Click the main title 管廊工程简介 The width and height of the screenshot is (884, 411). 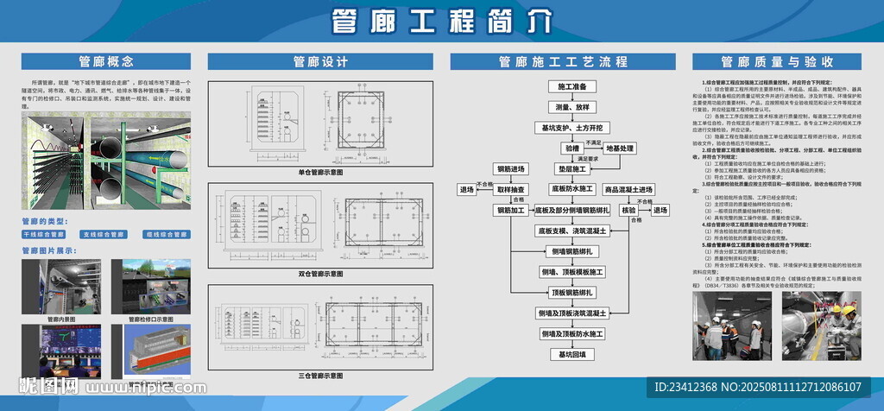[441, 21]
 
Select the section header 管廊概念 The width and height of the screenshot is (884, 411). [105, 61]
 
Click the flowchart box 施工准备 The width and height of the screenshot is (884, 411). [571, 86]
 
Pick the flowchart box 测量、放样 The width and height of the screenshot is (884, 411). [571, 106]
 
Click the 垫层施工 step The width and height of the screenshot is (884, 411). [571, 168]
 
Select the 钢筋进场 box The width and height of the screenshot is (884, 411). [510, 168]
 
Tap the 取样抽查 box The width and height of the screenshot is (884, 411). [510, 189]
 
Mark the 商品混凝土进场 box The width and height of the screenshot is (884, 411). [628, 189]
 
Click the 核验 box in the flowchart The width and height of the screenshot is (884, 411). [628, 210]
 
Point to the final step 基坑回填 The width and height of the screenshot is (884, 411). [571, 354]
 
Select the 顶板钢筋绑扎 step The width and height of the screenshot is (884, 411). [571, 292]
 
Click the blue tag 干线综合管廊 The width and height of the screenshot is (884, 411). [44, 234]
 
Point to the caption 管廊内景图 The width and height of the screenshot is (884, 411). [60, 319]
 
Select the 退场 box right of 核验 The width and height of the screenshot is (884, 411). [660, 210]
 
